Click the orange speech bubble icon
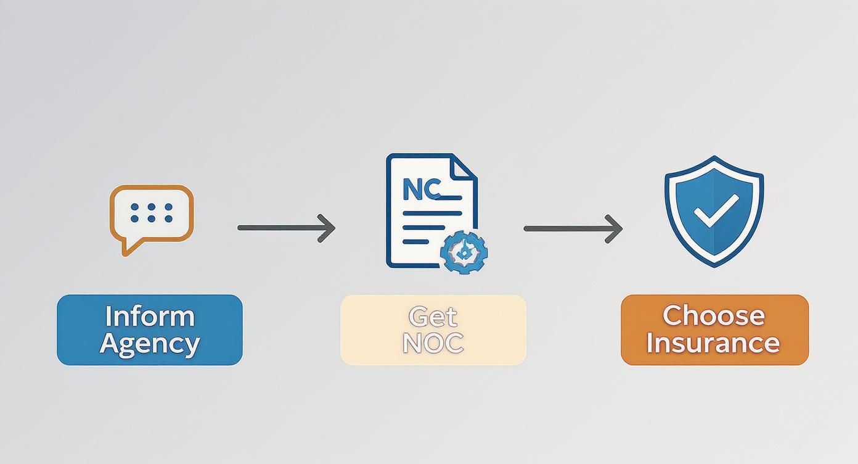click(x=152, y=213)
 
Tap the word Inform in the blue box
click(x=150, y=317)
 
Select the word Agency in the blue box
click(x=150, y=343)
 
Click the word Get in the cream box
click(x=433, y=317)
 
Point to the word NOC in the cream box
click(x=433, y=343)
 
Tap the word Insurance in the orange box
click(x=714, y=342)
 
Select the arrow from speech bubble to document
click(x=286, y=228)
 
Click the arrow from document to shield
click(x=573, y=228)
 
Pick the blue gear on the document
click(x=464, y=252)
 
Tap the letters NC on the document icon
click(x=422, y=189)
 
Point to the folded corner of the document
click(x=464, y=167)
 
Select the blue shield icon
click(x=714, y=210)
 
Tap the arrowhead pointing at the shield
click(x=615, y=228)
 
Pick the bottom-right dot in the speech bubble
click(x=168, y=219)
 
